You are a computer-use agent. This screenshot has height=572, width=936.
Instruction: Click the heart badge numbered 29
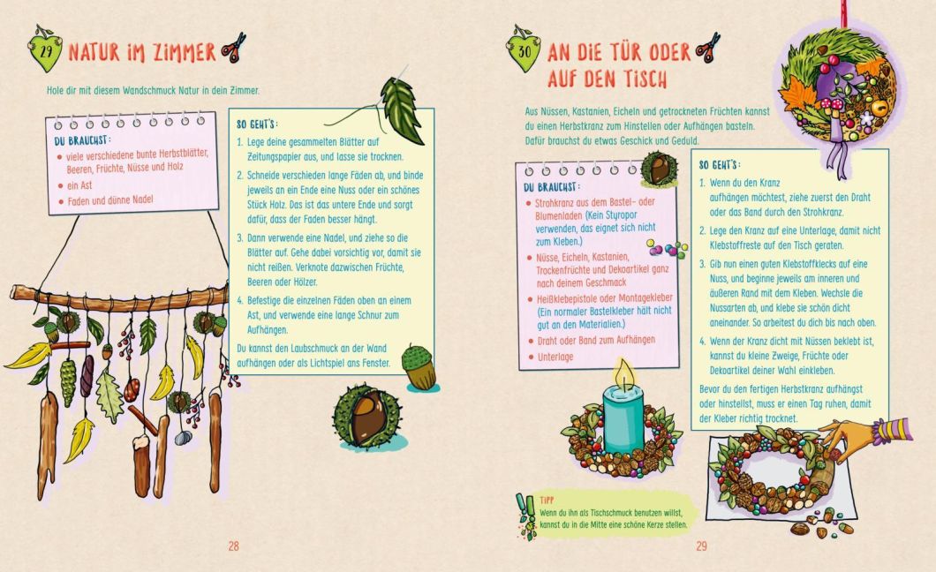(x=45, y=50)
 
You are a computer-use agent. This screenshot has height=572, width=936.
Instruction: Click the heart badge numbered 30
(x=523, y=50)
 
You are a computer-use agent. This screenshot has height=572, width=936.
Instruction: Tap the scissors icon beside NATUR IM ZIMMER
(x=233, y=48)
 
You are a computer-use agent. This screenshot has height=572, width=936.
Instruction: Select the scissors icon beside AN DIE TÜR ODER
(x=708, y=48)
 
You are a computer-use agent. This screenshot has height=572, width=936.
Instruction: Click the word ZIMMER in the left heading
(x=184, y=52)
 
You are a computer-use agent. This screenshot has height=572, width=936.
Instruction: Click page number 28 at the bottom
(x=233, y=546)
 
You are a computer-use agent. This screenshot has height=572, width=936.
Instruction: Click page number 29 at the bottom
(x=701, y=546)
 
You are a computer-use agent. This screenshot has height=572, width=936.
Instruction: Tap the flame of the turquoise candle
(x=625, y=374)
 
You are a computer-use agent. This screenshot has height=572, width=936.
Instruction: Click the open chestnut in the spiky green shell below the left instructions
(x=366, y=416)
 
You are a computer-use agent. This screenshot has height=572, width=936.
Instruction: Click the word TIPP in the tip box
(x=547, y=500)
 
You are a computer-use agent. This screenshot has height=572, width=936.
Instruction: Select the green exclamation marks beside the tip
(x=526, y=516)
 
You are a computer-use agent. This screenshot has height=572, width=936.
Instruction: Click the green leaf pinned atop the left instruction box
(x=401, y=109)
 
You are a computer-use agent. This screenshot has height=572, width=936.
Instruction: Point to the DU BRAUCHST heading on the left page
(x=80, y=140)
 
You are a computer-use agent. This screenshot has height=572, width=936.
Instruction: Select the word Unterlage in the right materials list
(x=555, y=357)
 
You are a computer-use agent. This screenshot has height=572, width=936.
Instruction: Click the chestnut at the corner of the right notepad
(x=659, y=169)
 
